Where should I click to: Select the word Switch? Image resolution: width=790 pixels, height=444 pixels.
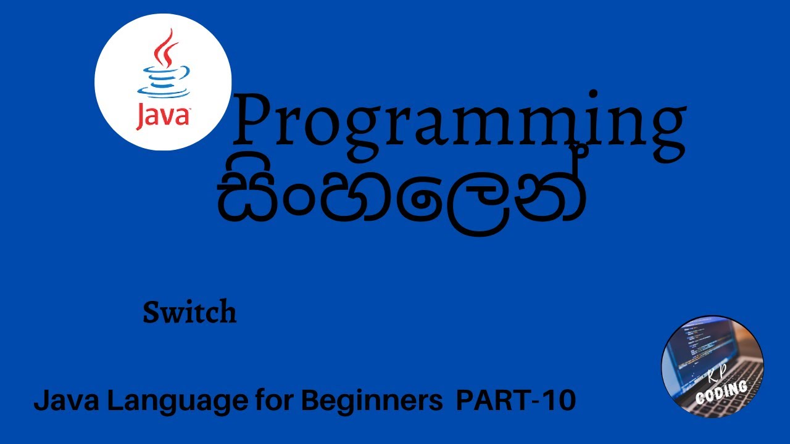(x=189, y=313)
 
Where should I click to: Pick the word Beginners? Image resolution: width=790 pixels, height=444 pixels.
(x=372, y=401)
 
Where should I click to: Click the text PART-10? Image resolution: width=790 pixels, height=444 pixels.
(x=515, y=401)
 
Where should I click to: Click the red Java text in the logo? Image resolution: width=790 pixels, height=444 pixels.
(x=162, y=115)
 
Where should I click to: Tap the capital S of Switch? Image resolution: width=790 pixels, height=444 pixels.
(x=151, y=313)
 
